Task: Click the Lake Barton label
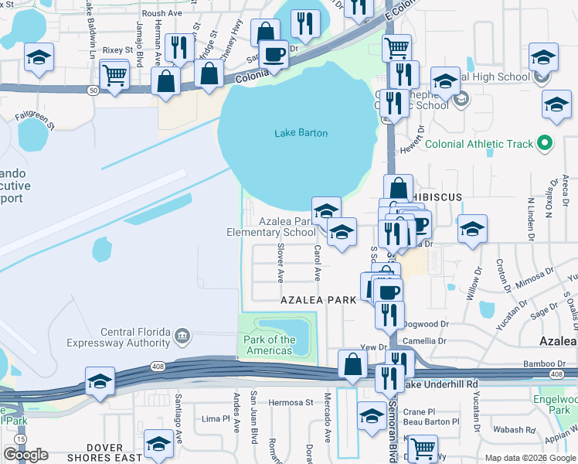[x=301, y=133]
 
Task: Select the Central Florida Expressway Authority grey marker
[x=182, y=335]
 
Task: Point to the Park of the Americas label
[x=270, y=345]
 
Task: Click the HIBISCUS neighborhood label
[x=436, y=197]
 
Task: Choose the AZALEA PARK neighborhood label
[x=318, y=299]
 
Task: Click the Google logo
[x=25, y=455]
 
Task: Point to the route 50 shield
[x=93, y=90]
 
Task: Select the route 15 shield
[x=19, y=438]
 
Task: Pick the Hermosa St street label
[x=291, y=403]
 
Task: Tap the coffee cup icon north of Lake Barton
[x=273, y=53]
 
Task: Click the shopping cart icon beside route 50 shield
[x=114, y=75]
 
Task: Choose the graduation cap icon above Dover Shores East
[x=159, y=442]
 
